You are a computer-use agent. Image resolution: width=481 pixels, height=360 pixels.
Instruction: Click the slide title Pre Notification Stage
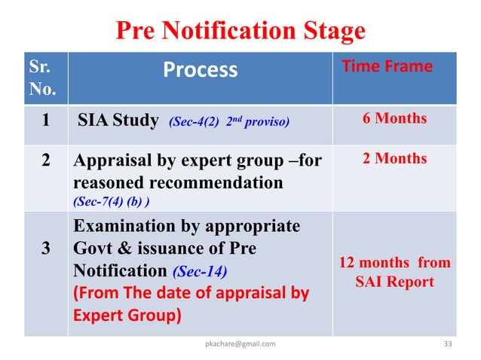coord(240,31)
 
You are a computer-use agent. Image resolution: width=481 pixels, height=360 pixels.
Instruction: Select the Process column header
coord(200,70)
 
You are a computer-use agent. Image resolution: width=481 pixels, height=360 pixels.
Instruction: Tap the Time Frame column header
coord(388,66)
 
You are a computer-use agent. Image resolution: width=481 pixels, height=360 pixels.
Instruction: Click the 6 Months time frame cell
coord(395,118)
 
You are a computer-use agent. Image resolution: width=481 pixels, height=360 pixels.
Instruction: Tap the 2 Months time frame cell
coord(395,158)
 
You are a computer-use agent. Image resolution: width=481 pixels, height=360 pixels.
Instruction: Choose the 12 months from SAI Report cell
coord(395,272)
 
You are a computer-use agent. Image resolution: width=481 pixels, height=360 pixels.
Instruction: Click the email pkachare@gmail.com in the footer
coord(240,344)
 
